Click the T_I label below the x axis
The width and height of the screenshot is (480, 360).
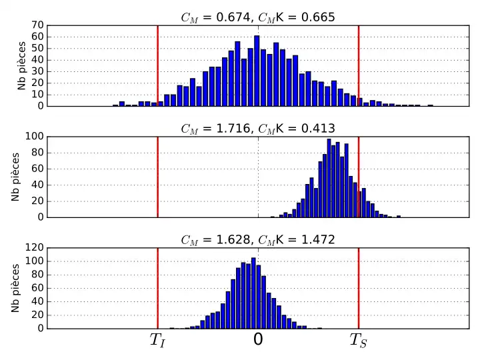(x=157, y=341)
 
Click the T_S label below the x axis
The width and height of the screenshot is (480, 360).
(x=358, y=341)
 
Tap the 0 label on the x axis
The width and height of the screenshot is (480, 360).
(x=258, y=340)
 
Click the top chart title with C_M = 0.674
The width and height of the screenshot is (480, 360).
(x=258, y=17)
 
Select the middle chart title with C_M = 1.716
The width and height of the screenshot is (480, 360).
(x=258, y=128)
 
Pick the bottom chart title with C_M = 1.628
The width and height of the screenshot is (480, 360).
(x=258, y=239)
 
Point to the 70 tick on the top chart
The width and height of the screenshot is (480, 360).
(x=38, y=25)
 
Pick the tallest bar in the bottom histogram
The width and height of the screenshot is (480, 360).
(x=253, y=293)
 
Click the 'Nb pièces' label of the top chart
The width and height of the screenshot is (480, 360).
(x=22, y=65)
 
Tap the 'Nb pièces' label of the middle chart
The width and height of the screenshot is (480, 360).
(x=15, y=177)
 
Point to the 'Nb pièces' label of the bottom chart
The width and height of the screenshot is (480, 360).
(x=15, y=288)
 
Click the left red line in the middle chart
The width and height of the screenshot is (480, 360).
(x=157, y=177)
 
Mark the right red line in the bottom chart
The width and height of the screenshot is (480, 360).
(x=359, y=288)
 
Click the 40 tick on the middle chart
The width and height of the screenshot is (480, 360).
(x=38, y=185)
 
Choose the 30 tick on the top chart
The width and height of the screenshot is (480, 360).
(x=38, y=71)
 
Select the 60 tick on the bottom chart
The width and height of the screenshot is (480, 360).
(x=38, y=288)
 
